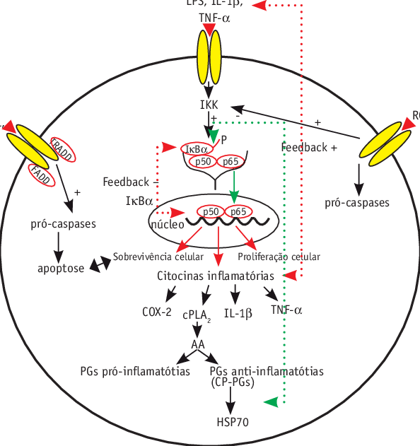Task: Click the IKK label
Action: pos(209,105)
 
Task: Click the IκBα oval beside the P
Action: pos(196,149)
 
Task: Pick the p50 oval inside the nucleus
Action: pos(211,211)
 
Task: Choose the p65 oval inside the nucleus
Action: pos(238,211)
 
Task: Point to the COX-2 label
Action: pos(157,311)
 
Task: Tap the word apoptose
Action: pos(61,268)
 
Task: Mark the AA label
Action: pos(198,344)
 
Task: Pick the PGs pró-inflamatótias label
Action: pos(135,371)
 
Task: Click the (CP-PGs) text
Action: pos(233,382)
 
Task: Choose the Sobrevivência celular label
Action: pos(158,257)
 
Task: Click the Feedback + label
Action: pos(309,148)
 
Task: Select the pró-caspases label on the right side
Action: pos(357,203)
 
